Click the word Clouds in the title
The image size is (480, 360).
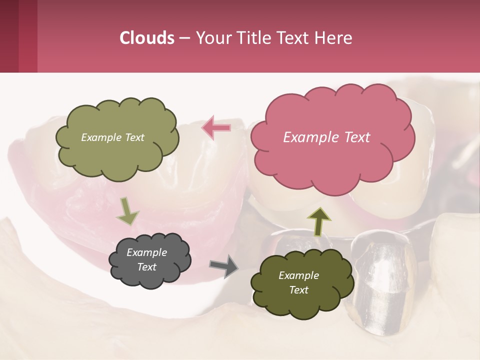tap(146, 38)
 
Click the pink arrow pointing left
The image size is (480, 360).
tap(216, 128)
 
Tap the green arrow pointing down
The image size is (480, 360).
tap(127, 211)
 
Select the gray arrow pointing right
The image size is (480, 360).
tap(224, 265)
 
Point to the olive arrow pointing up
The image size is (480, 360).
tap(318, 221)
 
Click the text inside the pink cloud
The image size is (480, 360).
tap(326, 137)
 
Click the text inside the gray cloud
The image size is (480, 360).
tap(147, 260)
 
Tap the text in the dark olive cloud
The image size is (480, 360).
tap(298, 283)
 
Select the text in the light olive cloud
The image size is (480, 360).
tap(112, 137)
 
